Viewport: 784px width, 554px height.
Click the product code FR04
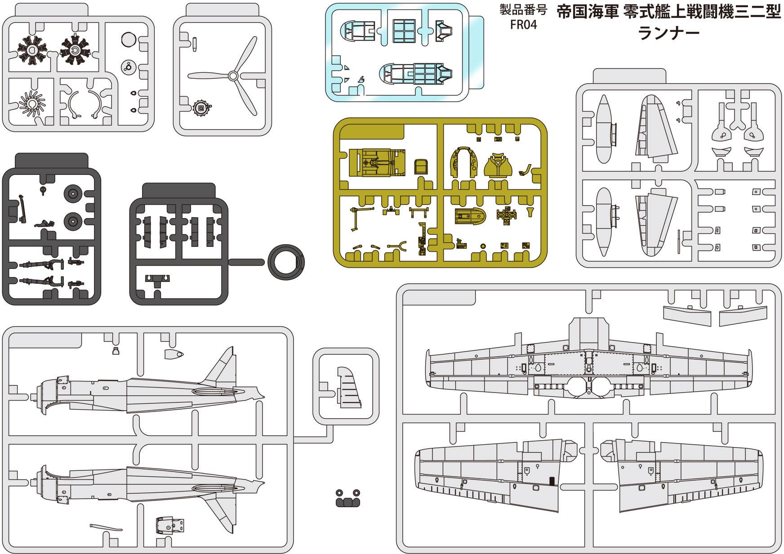[523, 25]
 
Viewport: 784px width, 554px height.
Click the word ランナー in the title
[668, 33]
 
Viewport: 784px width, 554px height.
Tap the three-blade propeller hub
[233, 76]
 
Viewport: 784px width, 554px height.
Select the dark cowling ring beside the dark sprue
[286, 262]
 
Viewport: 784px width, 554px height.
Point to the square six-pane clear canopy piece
[404, 31]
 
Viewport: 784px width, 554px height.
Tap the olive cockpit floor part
[377, 163]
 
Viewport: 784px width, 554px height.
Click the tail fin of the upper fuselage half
[223, 366]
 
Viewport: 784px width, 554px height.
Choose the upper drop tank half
[603, 129]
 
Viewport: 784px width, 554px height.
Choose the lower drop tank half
[603, 222]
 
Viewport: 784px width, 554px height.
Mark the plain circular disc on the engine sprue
[129, 40]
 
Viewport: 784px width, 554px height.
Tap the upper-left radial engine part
[32, 50]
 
